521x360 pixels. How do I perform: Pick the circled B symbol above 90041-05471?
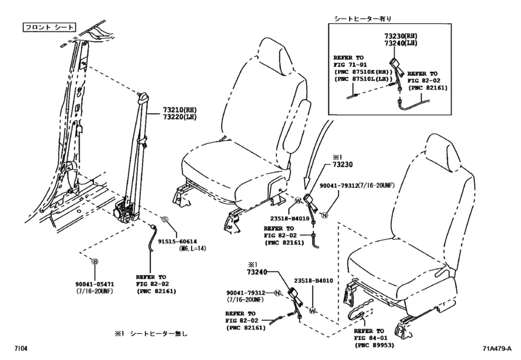pyautogui.click(x=94, y=262)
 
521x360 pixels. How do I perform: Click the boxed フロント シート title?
pyautogui.click(x=49, y=28)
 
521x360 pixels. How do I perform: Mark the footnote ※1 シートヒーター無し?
pyautogui.click(x=153, y=334)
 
